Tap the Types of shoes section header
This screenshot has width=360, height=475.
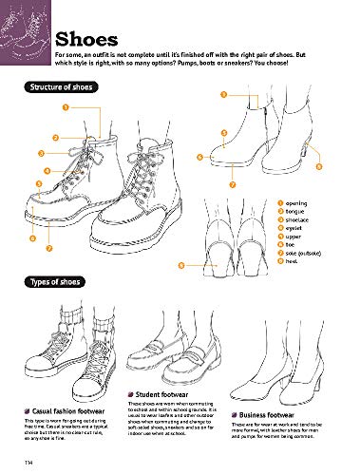coord(53,283)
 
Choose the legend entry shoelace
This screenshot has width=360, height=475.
coord(298,220)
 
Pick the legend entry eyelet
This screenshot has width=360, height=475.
coord(294,229)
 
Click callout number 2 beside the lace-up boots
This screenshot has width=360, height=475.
coord(56,138)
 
